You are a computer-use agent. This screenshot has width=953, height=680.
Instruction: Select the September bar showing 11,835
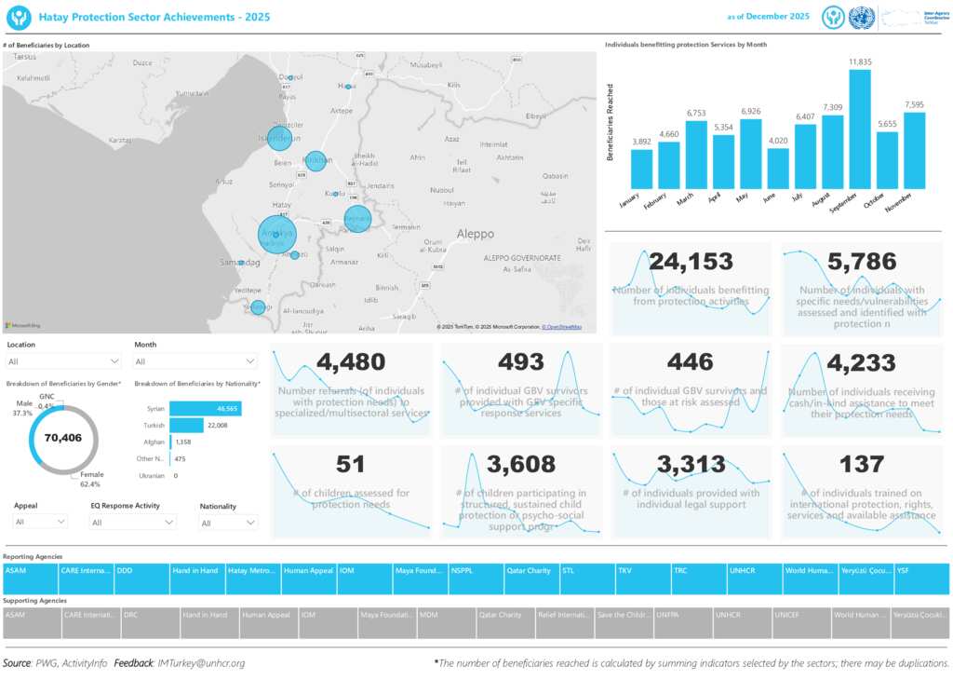[859, 129]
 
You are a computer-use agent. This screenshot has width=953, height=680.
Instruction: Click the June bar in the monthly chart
[777, 169]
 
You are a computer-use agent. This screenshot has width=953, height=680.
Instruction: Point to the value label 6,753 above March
[696, 113]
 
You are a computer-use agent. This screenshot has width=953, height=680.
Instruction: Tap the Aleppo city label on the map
[476, 234]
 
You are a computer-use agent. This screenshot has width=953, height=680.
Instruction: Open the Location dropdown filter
[63, 361]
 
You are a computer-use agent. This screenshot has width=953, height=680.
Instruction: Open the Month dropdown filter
[195, 361]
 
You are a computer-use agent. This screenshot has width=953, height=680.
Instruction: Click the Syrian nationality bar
[205, 409]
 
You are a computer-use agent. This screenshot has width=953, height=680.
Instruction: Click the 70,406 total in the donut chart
[64, 438]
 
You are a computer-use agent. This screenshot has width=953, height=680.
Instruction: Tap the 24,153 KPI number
[691, 262]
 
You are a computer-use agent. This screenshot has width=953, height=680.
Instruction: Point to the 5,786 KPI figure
[862, 262]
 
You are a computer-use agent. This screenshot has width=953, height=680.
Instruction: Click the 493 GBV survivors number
[521, 361]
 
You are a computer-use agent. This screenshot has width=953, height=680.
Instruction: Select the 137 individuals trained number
[862, 463]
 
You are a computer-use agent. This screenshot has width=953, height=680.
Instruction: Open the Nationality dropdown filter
[228, 523]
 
